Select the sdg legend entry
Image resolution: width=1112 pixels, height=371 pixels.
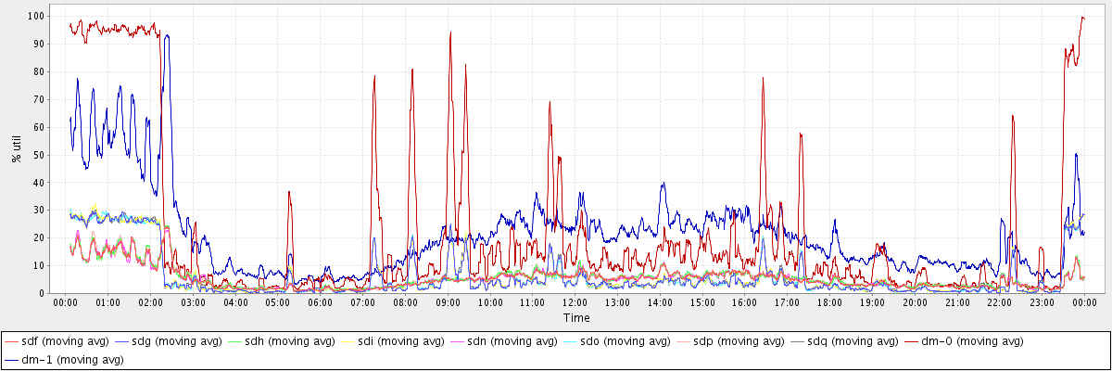tap(178, 341)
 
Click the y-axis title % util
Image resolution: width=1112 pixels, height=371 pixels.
tap(16, 147)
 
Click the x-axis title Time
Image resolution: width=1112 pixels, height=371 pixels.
tap(575, 318)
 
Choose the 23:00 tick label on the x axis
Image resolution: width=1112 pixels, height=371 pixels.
tap(1042, 302)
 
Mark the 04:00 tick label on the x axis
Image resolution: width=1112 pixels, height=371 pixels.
tap(235, 302)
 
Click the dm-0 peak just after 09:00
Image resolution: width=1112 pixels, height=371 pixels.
tap(450, 32)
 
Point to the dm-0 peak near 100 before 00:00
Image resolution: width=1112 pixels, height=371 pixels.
tap(1081, 17)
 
